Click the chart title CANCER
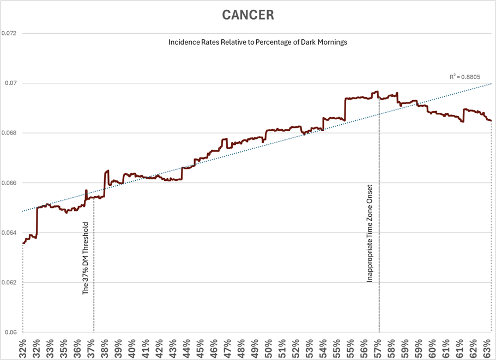[x=247, y=15]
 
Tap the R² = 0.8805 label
[x=465, y=77]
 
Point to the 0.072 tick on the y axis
[x=9, y=33]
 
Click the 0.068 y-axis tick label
[x=9, y=133]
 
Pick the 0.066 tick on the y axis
[x=9, y=183]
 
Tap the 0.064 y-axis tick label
[x=9, y=233]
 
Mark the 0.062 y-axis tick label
[x=9, y=283]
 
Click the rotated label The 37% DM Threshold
[x=86, y=258]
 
